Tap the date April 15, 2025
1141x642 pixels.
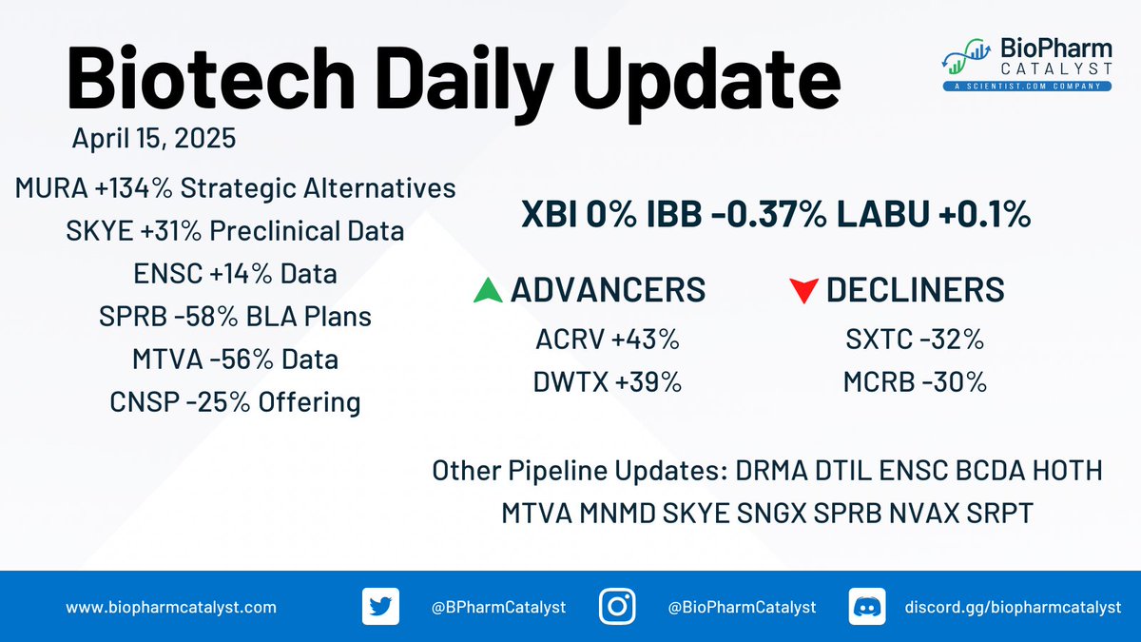tap(154, 138)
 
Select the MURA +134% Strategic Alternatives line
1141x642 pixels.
tap(236, 188)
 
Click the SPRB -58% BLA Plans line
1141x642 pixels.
tap(236, 317)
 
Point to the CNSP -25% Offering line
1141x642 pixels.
tap(236, 402)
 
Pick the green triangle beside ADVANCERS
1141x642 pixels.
tap(488, 290)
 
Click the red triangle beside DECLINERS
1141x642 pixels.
tap(803, 290)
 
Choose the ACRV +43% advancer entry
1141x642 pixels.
tap(608, 340)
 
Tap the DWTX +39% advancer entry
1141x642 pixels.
tap(608, 382)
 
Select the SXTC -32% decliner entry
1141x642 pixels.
tap(915, 340)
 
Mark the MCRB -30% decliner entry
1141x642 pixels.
tap(915, 382)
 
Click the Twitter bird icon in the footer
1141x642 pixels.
tap(380, 607)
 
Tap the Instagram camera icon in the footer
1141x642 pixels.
tap(617, 607)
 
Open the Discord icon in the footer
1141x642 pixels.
tap(867, 607)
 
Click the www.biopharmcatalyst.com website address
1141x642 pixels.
tap(171, 608)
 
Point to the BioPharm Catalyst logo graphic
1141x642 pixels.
tap(966, 56)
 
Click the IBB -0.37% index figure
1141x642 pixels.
tap(737, 214)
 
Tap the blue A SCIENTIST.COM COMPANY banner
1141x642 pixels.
tap(1027, 87)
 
